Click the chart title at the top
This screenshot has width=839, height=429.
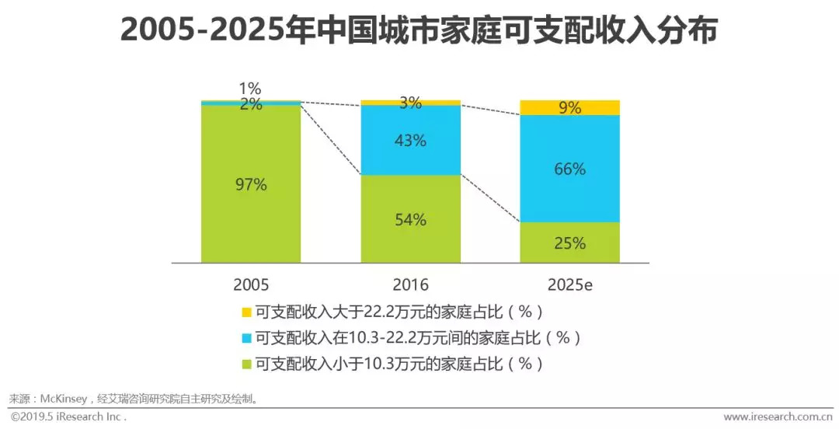pyautogui.click(x=419, y=31)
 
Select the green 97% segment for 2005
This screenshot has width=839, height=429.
pyautogui.click(x=250, y=184)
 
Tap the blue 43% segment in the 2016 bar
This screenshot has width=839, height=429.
pyautogui.click(x=410, y=141)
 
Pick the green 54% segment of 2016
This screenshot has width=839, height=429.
pyautogui.click(x=410, y=219)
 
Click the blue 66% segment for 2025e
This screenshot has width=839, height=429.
pyautogui.click(x=569, y=169)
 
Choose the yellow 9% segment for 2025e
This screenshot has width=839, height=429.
pyautogui.click(x=569, y=108)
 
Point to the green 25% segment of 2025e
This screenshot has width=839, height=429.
pyautogui.click(x=569, y=243)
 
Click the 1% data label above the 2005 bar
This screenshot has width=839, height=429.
pyautogui.click(x=250, y=88)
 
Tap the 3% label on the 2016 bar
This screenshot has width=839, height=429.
pyautogui.click(x=410, y=103)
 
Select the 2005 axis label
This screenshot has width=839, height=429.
pyautogui.click(x=250, y=285)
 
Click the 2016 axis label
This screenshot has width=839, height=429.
pyautogui.click(x=410, y=285)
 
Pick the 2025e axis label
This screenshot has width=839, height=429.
pyautogui.click(x=569, y=285)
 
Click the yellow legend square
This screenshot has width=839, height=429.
pyautogui.click(x=246, y=312)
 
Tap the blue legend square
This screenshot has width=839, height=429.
pyautogui.click(x=246, y=338)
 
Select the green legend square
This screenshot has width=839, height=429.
pyautogui.click(x=246, y=364)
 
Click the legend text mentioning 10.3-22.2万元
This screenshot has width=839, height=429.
pyautogui.click(x=418, y=338)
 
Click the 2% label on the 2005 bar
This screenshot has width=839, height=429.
pyautogui.click(x=250, y=104)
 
